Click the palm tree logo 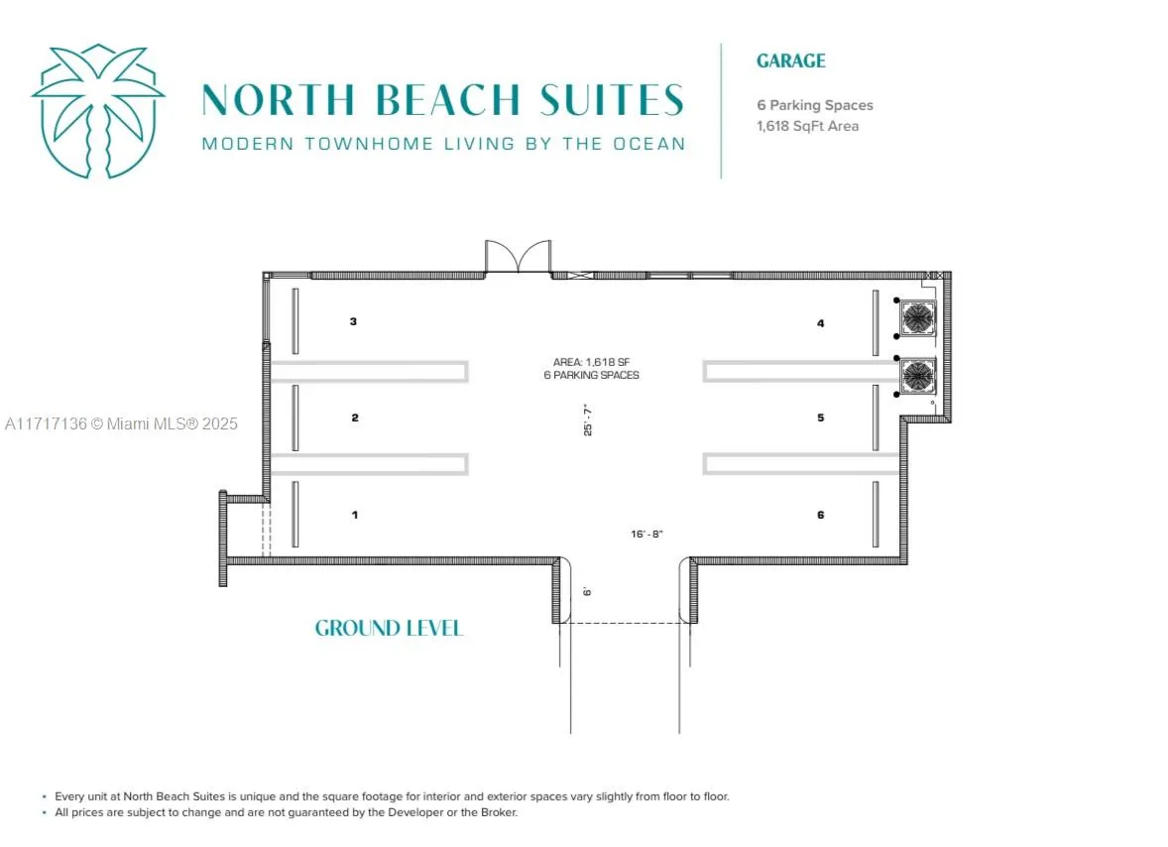point(97,111)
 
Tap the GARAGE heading point(790,60)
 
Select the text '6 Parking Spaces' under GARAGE point(814,105)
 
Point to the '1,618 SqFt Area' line point(807,126)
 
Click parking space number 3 point(353,321)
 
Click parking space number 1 point(354,515)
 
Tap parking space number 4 point(820,322)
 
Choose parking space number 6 point(820,515)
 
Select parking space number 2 point(354,418)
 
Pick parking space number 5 point(820,418)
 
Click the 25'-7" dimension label point(588,421)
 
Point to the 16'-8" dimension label point(646,534)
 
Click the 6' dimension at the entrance point(588,590)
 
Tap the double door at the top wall point(517,257)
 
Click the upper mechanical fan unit point(917,317)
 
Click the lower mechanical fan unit point(917,375)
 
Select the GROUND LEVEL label point(389,628)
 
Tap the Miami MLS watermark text point(121,423)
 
